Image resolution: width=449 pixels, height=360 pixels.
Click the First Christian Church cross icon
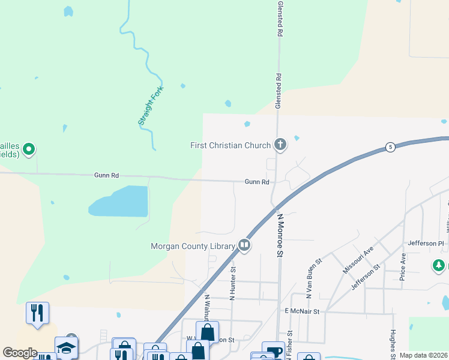[280, 144]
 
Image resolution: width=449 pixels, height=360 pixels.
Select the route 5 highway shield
[390, 147]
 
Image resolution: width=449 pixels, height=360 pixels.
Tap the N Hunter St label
[232, 284]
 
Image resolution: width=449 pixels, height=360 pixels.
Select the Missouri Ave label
[358, 259]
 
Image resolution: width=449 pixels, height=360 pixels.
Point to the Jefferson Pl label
[424, 243]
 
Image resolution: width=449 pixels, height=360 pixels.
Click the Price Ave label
[403, 266]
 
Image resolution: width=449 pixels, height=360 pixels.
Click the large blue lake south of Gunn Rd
[120, 202]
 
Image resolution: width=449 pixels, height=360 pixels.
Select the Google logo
[20, 353]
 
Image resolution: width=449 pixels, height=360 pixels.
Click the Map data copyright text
[424, 355]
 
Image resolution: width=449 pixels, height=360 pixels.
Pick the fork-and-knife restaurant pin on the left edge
[37, 313]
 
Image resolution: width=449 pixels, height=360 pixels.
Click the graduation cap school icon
[66, 347]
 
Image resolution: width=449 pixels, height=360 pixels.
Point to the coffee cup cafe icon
[274, 352]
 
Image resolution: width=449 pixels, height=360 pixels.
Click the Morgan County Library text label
[191, 246]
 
